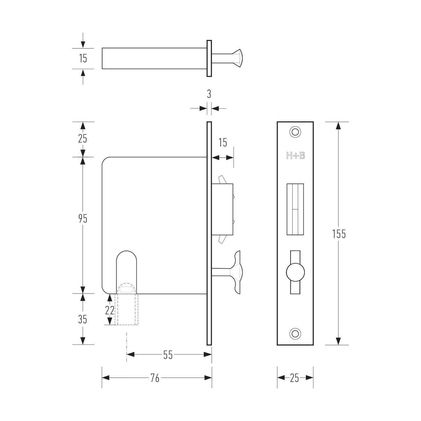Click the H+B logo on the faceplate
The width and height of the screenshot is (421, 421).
point(295,156)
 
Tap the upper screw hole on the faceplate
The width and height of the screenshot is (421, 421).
point(295,132)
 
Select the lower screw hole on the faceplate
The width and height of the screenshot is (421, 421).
point(295,334)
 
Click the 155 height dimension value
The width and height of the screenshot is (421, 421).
point(339,234)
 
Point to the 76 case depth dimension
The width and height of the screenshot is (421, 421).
point(155,378)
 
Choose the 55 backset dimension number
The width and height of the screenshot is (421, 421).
point(168,355)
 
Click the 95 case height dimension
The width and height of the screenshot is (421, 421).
point(83,219)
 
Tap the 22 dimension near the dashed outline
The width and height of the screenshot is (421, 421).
point(110,311)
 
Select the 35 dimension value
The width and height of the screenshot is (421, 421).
point(82,320)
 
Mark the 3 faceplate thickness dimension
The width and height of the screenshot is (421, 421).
point(209,94)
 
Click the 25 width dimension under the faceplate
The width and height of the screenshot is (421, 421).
point(295,378)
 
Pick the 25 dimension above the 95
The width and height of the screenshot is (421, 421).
point(82,139)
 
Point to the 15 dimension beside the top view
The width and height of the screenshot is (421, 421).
point(83,59)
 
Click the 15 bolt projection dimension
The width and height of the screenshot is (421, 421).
point(223,143)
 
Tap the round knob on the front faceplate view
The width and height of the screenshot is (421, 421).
point(295,272)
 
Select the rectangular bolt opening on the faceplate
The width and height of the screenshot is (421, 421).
point(295,209)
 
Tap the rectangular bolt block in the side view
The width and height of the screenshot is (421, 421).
point(222,209)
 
